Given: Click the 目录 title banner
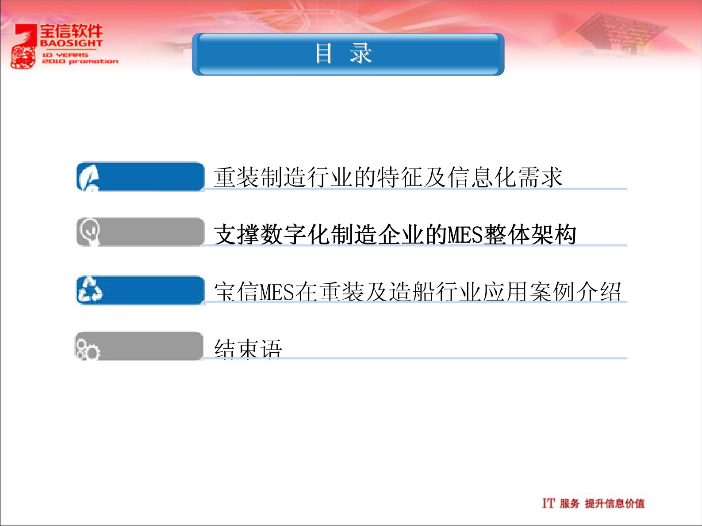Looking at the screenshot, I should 348,54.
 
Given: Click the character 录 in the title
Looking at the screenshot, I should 361,54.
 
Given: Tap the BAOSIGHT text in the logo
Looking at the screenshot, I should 71,43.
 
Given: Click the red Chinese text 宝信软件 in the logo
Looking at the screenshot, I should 72,31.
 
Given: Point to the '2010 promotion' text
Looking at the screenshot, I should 80,61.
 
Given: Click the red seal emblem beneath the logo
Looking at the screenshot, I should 23,57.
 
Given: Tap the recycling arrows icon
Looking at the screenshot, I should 90,290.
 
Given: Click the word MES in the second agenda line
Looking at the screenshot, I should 465,235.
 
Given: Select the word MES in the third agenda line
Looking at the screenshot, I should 277,292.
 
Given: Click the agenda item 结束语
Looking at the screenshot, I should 248,349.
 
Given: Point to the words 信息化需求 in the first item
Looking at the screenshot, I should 504,177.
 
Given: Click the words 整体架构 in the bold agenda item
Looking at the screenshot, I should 530,235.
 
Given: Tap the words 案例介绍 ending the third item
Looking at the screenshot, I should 576,292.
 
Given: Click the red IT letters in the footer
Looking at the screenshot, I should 548,503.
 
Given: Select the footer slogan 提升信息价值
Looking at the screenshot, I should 614,503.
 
